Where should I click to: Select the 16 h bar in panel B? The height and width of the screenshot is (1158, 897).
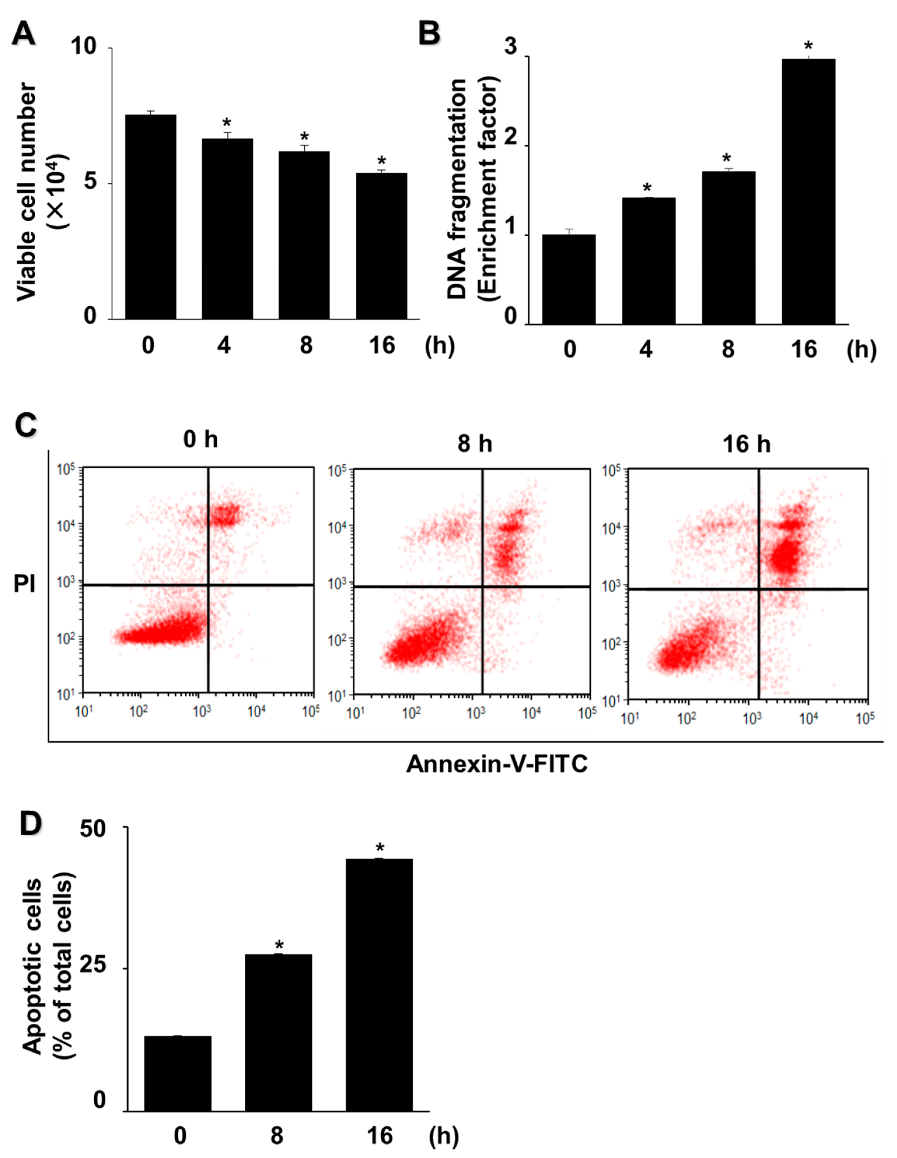tap(808, 191)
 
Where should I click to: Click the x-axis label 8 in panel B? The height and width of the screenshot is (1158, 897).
tap(728, 349)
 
